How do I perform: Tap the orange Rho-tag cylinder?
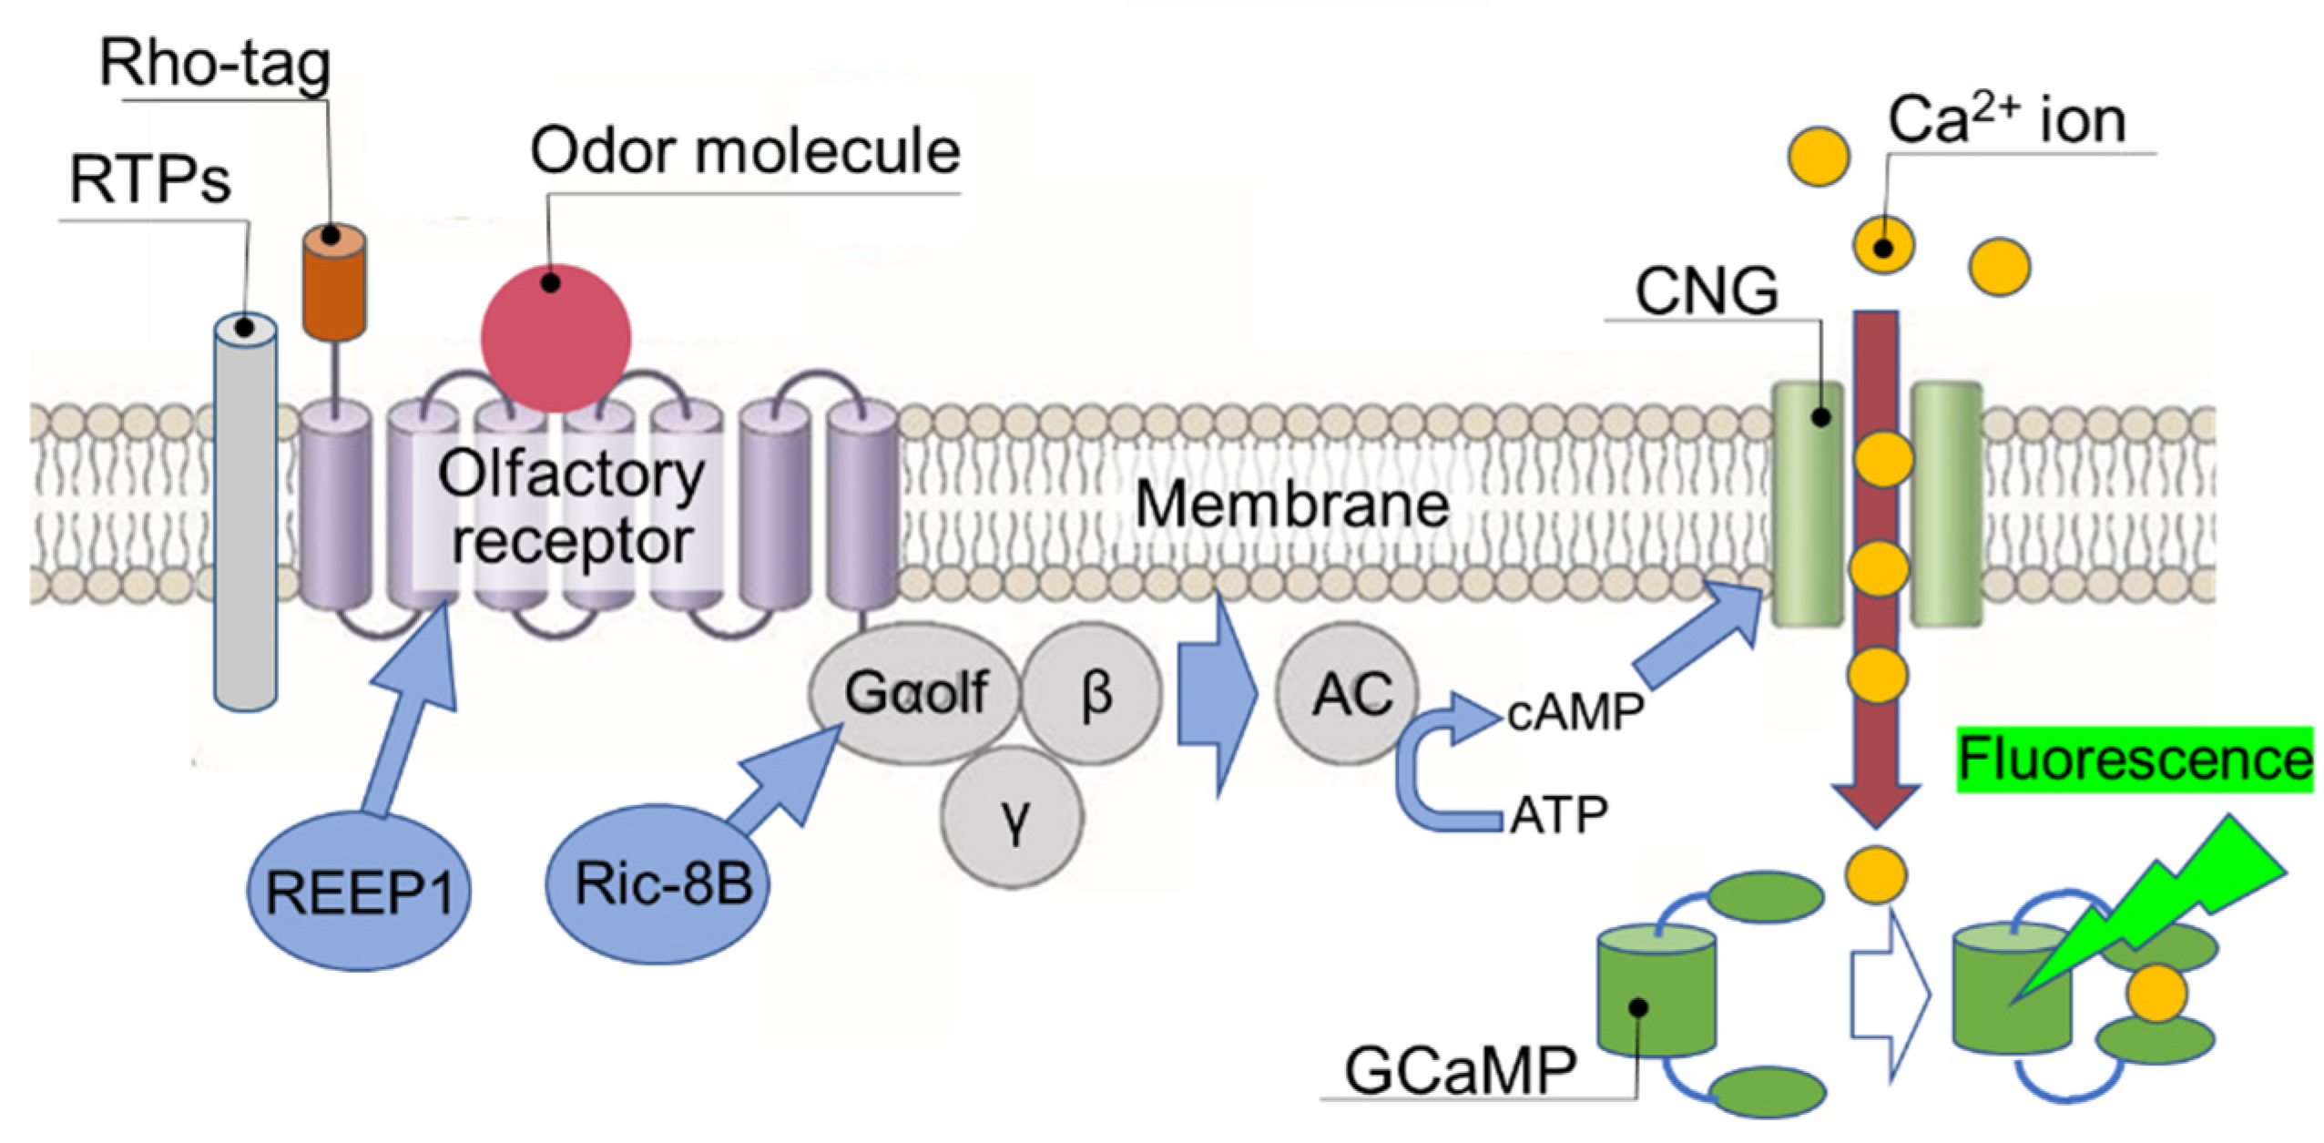(x=334, y=283)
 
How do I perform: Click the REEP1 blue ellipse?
(x=359, y=892)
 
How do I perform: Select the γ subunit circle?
(x=1013, y=817)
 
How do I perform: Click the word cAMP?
(x=1575, y=712)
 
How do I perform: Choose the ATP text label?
(x=1559, y=814)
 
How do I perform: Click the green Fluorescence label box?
(x=2135, y=760)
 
